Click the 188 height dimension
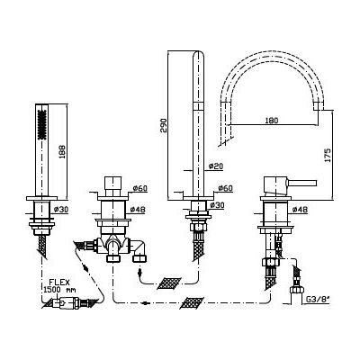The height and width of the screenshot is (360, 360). click(x=62, y=150)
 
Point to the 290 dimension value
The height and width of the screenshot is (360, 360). click(x=163, y=126)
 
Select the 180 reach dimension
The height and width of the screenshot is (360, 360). click(x=272, y=121)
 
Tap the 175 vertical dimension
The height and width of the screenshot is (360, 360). click(x=328, y=155)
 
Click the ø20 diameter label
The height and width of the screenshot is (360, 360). click(x=216, y=166)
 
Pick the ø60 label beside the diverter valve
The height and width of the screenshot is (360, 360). click(x=139, y=188)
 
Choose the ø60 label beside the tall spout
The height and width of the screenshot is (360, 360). click(x=226, y=188)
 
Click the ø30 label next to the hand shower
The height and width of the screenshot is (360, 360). click(x=61, y=209)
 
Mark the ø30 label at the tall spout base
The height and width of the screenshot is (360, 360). click(x=217, y=205)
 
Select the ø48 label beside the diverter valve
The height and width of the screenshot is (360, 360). click(x=138, y=210)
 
